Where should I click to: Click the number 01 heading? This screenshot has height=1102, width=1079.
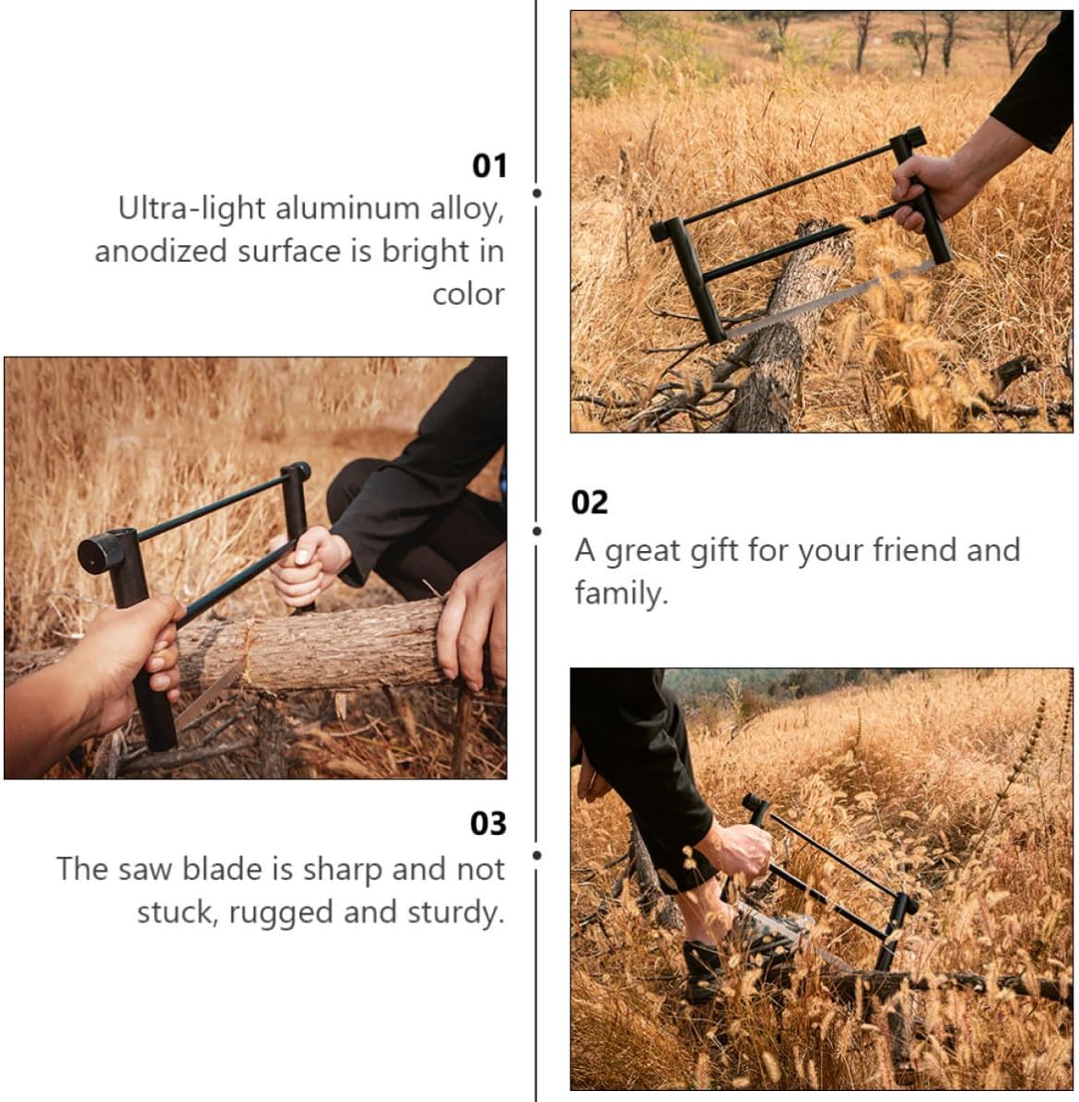pyautogui.click(x=488, y=166)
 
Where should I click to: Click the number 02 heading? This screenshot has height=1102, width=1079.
pyautogui.click(x=589, y=502)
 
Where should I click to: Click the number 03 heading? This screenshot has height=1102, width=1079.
pyautogui.click(x=487, y=824)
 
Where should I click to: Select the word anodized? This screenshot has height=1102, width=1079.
pyautogui.click(x=161, y=252)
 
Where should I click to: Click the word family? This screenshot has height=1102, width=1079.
pyautogui.click(x=621, y=594)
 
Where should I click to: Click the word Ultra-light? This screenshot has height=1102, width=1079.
pyautogui.click(x=191, y=209)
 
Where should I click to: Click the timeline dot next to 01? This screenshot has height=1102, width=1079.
pyautogui.click(x=537, y=193)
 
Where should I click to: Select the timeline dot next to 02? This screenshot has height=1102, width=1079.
pyautogui.click(x=537, y=531)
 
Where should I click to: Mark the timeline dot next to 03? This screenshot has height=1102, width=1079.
pyautogui.click(x=537, y=855)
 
